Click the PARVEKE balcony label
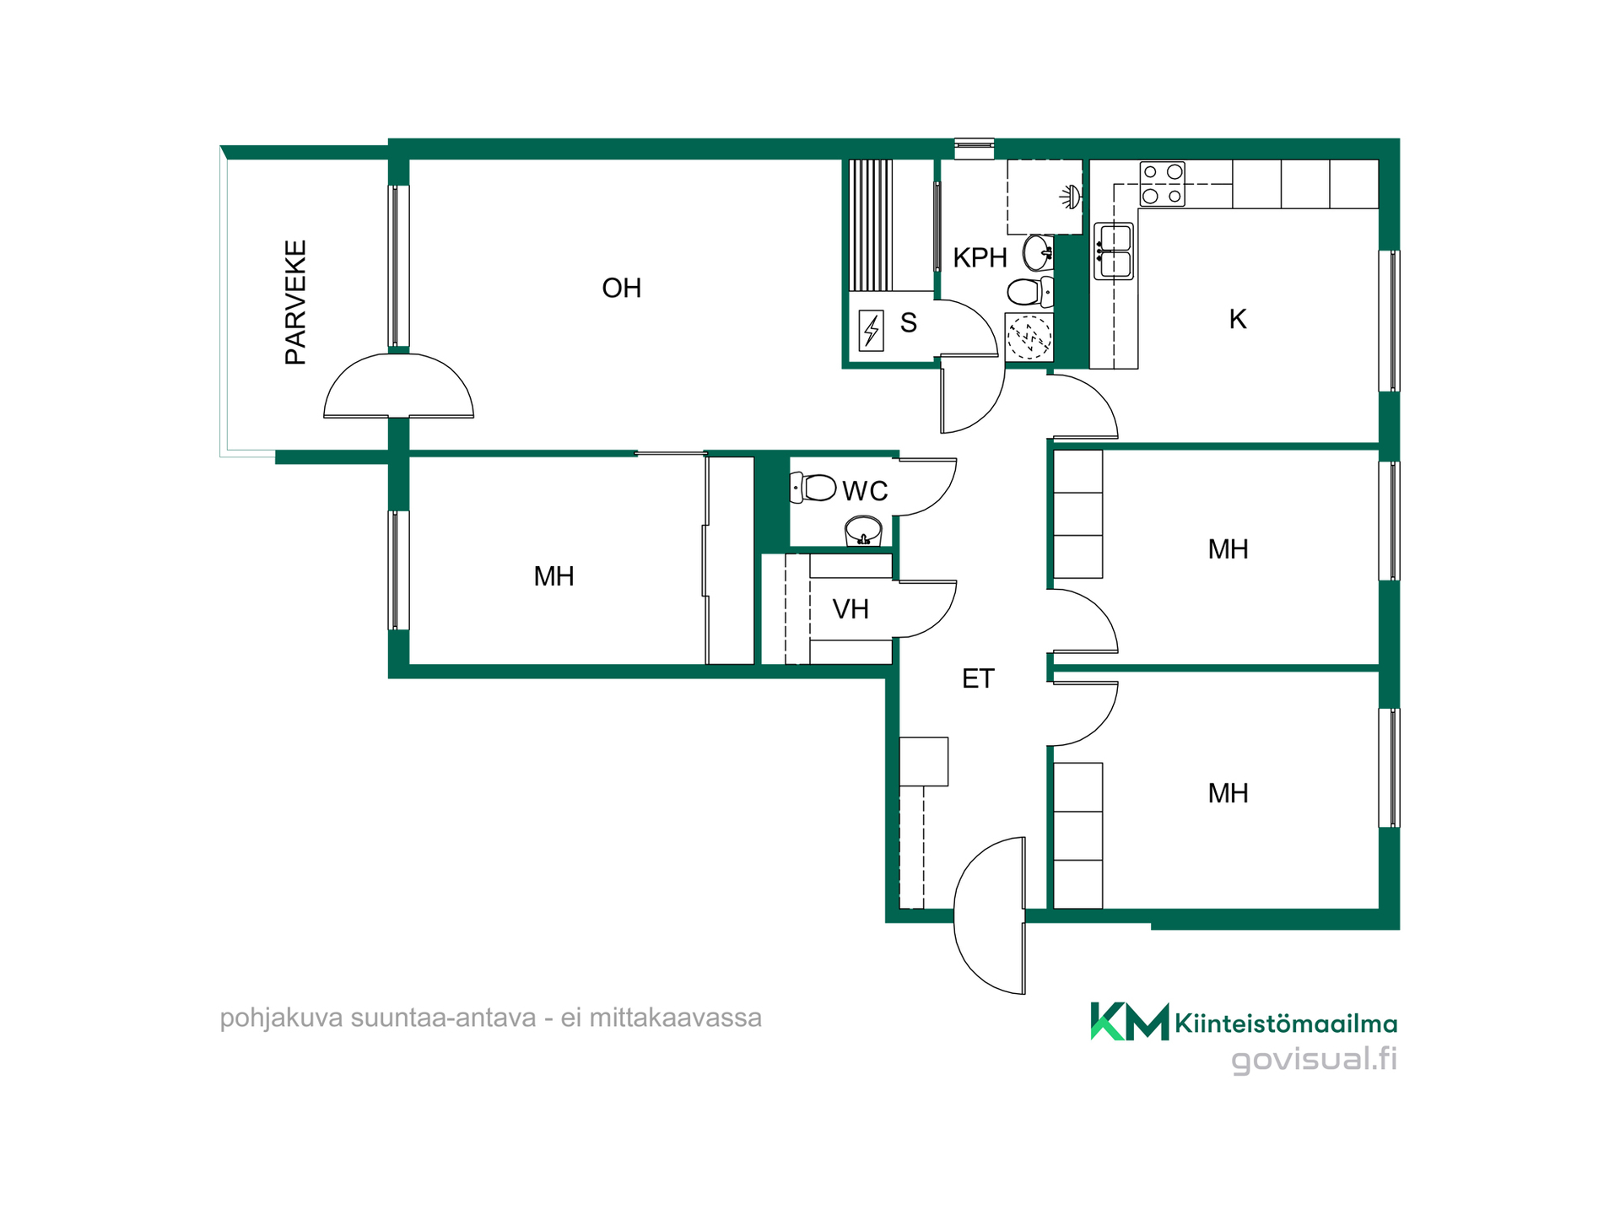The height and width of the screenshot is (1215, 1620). coord(295,302)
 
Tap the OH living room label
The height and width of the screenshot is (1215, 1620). coord(622,289)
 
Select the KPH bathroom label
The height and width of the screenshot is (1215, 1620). coord(980,258)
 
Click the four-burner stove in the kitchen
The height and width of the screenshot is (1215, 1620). coord(1162,184)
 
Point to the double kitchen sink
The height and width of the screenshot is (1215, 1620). coord(1114,251)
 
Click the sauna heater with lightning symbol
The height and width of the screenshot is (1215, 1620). coord(871,331)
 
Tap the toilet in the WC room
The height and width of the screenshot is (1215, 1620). coord(813,488)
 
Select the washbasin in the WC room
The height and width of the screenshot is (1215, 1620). coord(863,532)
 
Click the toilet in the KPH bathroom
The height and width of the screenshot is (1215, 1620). coord(1030,292)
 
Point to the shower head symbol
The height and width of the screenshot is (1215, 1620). coord(1070,197)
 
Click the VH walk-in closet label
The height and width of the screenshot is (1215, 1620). coord(850,609)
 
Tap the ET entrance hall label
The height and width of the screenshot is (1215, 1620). coord(978,678)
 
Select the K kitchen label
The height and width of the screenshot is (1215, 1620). coord(1237,319)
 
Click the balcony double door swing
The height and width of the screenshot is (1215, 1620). coord(398,386)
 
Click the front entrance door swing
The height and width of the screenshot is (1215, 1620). coord(990,915)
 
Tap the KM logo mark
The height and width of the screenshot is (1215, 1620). coord(1129,1022)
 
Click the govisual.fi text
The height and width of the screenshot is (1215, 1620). coord(1314,1060)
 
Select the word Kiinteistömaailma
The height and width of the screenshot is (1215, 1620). coord(1286,1023)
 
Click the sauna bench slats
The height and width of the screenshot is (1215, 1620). coord(870,225)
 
